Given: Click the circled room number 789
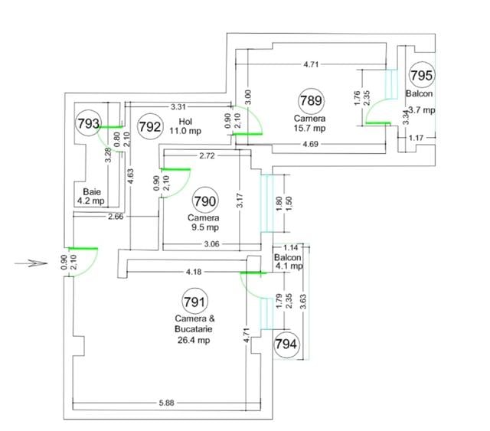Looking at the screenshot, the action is [311, 100].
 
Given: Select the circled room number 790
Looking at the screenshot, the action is [205, 201].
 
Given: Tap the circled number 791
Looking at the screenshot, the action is [194, 302].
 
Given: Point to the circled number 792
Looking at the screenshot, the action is [150, 126].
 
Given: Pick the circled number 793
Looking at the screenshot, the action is [89, 123].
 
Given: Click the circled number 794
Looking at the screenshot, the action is [286, 344].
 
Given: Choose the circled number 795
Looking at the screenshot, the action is [422, 75].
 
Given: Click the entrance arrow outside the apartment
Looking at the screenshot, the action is [31, 263].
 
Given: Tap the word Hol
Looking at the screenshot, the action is [185, 121].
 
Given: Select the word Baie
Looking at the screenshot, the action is [92, 192].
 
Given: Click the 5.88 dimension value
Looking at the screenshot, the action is [166, 403].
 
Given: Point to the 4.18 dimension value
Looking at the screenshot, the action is [194, 272].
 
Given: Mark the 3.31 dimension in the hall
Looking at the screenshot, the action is [178, 107].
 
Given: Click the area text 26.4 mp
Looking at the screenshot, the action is [194, 340].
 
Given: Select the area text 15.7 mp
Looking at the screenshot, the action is [309, 128].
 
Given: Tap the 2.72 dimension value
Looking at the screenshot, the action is [207, 155].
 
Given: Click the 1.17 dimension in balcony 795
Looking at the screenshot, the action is [416, 138].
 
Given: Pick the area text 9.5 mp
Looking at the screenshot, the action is [205, 227].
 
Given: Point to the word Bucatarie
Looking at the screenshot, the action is [194, 328].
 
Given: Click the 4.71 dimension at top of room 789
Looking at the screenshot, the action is [311, 64].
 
